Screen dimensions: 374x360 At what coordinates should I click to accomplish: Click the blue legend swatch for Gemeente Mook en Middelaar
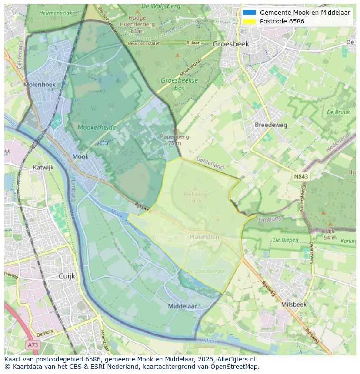(x=249, y=13)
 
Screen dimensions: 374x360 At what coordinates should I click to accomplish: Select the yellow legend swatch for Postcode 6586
(x=249, y=21)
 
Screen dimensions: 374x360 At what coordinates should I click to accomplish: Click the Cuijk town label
(x=67, y=276)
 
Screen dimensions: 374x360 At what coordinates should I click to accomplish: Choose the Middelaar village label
(x=182, y=306)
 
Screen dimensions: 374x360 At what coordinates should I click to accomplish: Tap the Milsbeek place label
(x=294, y=304)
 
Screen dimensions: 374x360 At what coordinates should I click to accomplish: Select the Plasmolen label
(x=204, y=237)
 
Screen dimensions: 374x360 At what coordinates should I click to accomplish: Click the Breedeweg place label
(x=271, y=125)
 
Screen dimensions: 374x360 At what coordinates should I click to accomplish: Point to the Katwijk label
(x=43, y=167)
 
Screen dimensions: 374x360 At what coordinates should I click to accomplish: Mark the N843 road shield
(x=301, y=176)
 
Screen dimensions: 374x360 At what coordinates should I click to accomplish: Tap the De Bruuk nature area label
(x=338, y=112)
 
